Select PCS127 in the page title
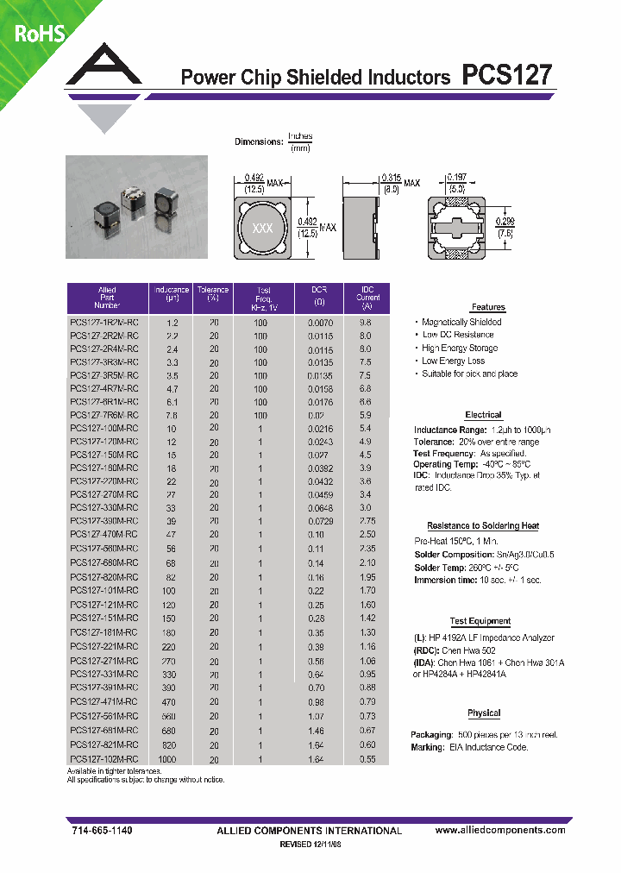pos(507,76)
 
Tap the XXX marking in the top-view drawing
pos(262,229)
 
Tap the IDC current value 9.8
pos(365,322)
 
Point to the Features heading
pos(488,307)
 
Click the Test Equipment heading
pos(480,621)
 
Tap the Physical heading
pos(484,713)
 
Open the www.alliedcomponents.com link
pos(500,830)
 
